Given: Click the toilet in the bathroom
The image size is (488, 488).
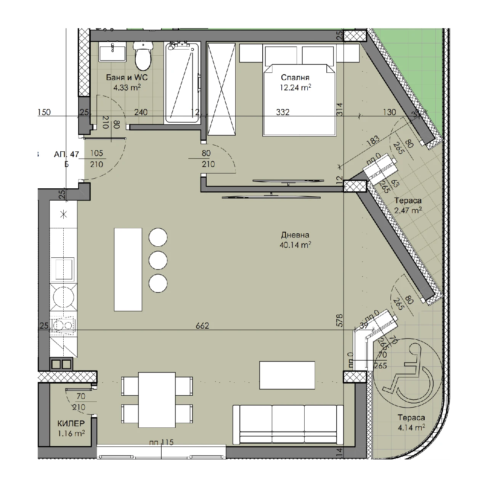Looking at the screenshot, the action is (x=143, y=56).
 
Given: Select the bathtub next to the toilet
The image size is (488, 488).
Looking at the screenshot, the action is (x=182, y=83).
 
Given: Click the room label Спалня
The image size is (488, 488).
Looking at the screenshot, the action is (x=295, y=77).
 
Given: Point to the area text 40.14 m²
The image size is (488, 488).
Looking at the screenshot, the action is (x=295, y=245).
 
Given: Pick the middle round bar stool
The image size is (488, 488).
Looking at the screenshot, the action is (x=158, y=260).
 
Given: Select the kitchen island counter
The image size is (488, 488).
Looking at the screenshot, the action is (x=128, y=270).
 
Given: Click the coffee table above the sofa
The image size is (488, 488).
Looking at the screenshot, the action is (x=287, y=375).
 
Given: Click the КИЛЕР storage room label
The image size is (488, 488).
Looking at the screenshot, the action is (x=71, y=424).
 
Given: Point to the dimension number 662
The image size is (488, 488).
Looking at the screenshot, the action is (x=202, y=326).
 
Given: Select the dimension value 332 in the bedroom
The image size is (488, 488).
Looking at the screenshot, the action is (x=283, y=112).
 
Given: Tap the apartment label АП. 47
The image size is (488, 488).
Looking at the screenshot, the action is (x=66, y=154).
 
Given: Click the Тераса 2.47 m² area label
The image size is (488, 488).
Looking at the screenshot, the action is (x=408, y=205).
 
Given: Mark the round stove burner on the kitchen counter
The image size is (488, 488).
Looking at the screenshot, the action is (x=63, y=297).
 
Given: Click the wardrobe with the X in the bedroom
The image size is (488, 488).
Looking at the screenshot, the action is (x=222, y=89).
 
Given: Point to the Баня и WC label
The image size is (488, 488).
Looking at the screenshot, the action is (x=127, y=77).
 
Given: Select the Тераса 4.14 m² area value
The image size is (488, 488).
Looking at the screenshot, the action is (x=411, y=428).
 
